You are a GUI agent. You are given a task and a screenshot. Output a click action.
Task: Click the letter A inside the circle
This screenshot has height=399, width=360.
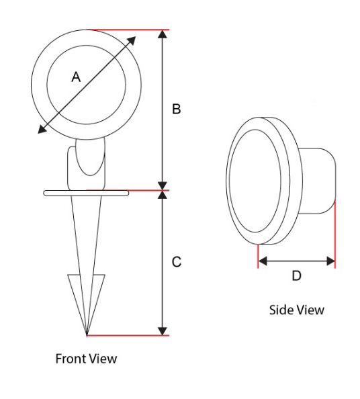click(x=76, y=77)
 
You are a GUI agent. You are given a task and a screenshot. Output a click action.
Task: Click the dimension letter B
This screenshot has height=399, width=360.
click(x=177, y=109)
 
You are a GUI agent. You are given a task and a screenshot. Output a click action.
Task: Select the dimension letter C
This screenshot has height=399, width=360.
click(x=177, y=262)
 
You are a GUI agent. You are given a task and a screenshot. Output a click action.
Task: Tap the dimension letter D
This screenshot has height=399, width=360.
click(x=296, y=275)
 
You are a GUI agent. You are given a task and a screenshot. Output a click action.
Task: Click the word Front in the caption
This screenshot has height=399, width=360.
click(x=71, y=359)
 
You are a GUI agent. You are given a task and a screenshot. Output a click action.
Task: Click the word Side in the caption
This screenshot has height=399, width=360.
click(x=281, y=310)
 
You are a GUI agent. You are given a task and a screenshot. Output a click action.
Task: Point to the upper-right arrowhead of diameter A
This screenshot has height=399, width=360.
click(x=131, y=41)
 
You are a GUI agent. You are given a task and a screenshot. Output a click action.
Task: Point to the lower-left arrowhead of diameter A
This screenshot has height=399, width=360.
click(x=42, y=129)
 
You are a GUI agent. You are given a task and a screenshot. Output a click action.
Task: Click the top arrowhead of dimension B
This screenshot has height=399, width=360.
click(x=163, y=34)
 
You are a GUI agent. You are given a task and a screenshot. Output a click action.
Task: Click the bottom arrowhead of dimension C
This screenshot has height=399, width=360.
click(x=163, y=330)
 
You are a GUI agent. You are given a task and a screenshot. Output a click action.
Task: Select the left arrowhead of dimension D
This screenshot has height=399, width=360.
click(x=263, y=261)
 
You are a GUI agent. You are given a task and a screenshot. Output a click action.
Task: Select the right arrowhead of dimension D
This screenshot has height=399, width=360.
click(x=330, y=261)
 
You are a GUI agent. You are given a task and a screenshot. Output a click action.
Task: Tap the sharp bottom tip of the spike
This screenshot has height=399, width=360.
click(x=87, y=335)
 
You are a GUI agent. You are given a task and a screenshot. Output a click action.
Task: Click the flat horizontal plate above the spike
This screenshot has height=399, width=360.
click(x=86, y=193)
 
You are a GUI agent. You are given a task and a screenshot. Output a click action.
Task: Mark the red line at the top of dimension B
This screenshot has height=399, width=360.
click(x=128, y=30)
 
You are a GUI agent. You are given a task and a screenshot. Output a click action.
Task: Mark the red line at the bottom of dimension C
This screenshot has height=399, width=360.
click(x=128, y=336)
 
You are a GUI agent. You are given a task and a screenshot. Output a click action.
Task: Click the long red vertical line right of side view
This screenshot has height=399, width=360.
click(x=335, y=234)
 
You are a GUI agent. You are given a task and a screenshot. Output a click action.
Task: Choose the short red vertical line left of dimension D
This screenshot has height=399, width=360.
click(x=258, y=256)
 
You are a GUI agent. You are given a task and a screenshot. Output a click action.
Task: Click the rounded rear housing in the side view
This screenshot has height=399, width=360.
click(x=318, y=181)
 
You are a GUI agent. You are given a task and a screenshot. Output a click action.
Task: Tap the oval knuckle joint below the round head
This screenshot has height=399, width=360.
click(x=90, y=157)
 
